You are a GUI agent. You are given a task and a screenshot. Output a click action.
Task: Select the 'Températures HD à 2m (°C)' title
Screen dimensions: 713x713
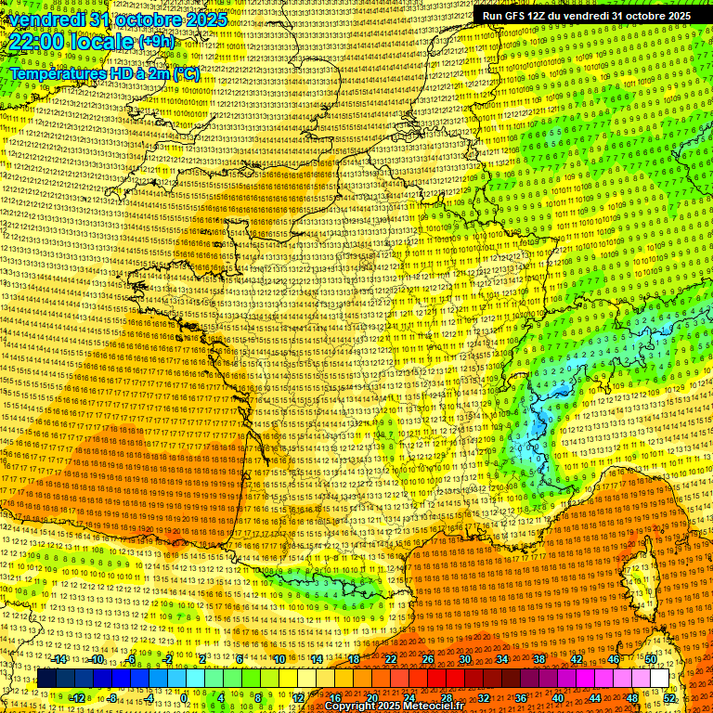(104, 73)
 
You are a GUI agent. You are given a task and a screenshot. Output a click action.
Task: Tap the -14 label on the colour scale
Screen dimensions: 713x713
(60, 659)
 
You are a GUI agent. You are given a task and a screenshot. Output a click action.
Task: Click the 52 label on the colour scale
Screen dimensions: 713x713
(669, 697)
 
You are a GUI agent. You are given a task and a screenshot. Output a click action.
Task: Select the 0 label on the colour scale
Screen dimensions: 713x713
(185, 697)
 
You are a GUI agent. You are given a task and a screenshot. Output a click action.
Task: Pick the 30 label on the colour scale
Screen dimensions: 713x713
(464, 659)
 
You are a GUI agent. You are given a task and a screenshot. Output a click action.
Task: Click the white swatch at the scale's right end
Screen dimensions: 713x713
(659, 679)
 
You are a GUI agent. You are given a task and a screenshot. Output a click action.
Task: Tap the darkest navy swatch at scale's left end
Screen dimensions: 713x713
(46, 679)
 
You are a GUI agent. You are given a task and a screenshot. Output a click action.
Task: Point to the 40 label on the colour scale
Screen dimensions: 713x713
(558, 697)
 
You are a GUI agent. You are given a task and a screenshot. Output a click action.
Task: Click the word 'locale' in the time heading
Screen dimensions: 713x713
(103, 42)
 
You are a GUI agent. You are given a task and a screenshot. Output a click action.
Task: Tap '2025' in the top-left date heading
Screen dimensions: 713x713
(206, 19)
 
